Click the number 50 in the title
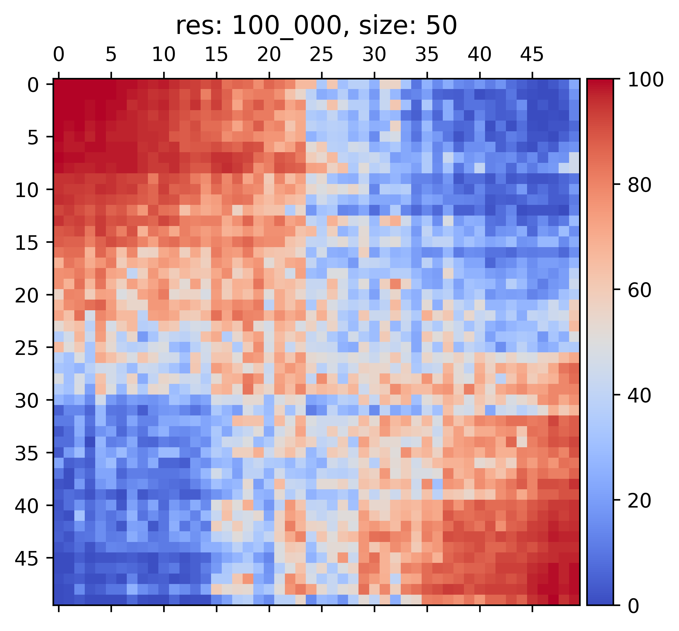pos(443,26)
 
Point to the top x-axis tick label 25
pos(321,55)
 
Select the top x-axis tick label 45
pos(532,55)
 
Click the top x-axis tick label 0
pos(58,55)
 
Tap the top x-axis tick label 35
pos(427,55)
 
